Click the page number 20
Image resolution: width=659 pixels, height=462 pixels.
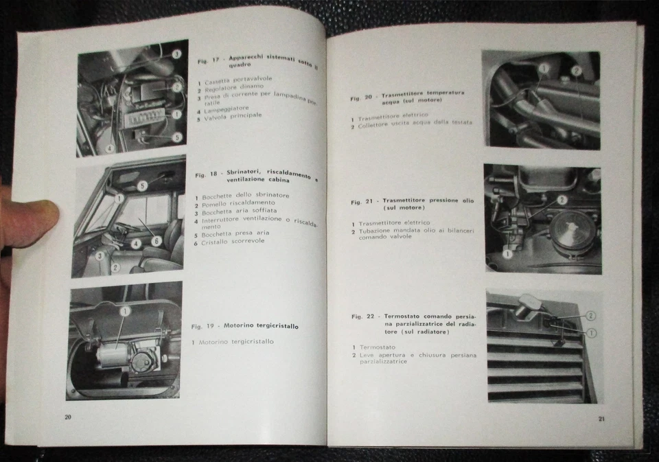click(68, 417)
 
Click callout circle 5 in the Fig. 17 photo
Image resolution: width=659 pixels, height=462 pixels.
click(177, 137)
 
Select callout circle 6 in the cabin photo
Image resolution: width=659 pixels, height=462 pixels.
click(157, 241)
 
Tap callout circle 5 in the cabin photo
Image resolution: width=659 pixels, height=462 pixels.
click(142, 186)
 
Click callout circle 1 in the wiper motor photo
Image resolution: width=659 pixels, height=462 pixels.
click(125, 311)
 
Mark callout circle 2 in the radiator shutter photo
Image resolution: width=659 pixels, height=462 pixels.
click(590, 316)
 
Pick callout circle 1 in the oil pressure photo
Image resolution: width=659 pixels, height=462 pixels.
click(507, 253)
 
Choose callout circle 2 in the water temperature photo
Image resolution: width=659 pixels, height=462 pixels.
click(576, 71)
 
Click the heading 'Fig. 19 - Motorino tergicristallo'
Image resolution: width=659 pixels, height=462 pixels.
click(244, 326)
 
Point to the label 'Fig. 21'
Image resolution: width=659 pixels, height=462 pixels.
click(362, 203)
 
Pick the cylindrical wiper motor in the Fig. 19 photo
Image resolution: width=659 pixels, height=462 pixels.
click(113, 358)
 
